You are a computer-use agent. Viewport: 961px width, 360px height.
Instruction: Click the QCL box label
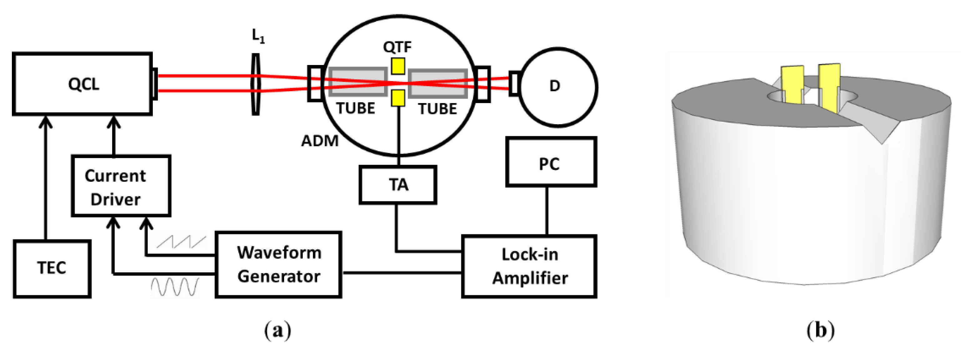[x=83, y=84]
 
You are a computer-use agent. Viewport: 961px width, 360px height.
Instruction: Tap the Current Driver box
[x=121, y=186]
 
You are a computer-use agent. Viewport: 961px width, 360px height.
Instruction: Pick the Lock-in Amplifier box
[x=529, y=266]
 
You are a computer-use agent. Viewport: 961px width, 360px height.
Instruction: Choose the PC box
[x=551, y=162]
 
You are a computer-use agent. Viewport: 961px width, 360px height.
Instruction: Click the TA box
[x=398, y=185]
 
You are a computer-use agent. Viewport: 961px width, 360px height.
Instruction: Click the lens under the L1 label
[x=256, y=84]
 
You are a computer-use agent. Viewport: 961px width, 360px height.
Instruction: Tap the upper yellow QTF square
[x=398, y=66]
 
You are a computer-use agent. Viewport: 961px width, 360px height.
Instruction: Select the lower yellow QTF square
[x=398, y=98]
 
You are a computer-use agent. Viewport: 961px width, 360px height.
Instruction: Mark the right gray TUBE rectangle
[x=438, y=83]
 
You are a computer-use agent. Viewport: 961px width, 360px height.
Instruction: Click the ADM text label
[x=320, y=141]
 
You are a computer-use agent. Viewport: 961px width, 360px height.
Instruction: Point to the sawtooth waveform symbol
[x=181, y=242]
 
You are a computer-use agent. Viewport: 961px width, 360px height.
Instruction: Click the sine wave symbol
[x=175, y=287]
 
